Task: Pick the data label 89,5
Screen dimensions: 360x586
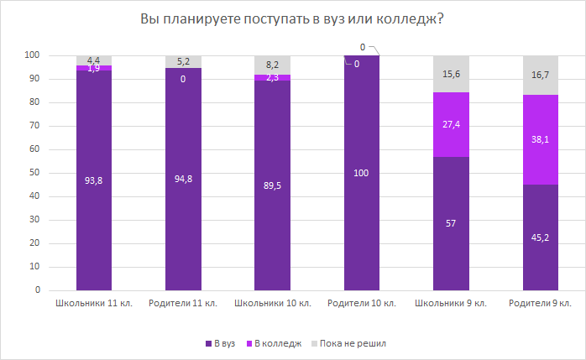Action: pos(272,183)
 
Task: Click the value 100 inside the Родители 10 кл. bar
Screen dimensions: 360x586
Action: pos(362,173)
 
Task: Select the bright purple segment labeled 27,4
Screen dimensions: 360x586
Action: pos(451,124)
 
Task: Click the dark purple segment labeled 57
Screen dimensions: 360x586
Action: pos(451,223)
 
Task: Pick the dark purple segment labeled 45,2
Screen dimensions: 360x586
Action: pos(541,237)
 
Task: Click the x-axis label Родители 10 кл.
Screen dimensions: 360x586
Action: pos(362,303)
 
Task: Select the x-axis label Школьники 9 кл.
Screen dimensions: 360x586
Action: pos(451,303)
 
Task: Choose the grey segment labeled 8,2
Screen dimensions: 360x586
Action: pos(272,65)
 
